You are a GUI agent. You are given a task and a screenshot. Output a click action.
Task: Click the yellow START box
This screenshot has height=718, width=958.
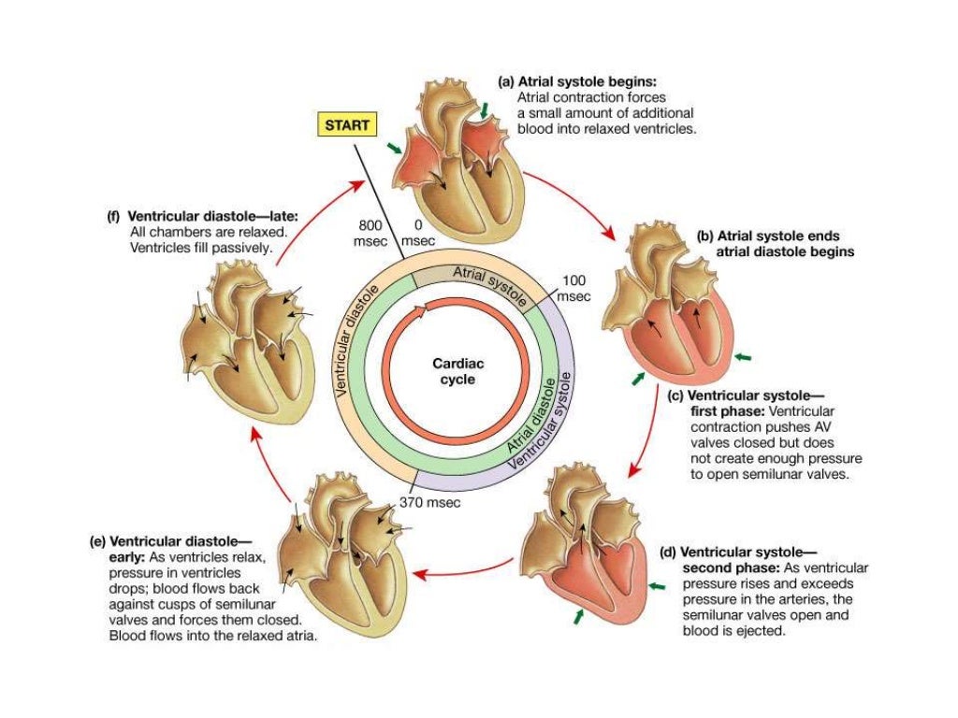pos(347,124)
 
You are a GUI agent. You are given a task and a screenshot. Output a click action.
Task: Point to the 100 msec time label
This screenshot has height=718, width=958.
pos(573,288)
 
